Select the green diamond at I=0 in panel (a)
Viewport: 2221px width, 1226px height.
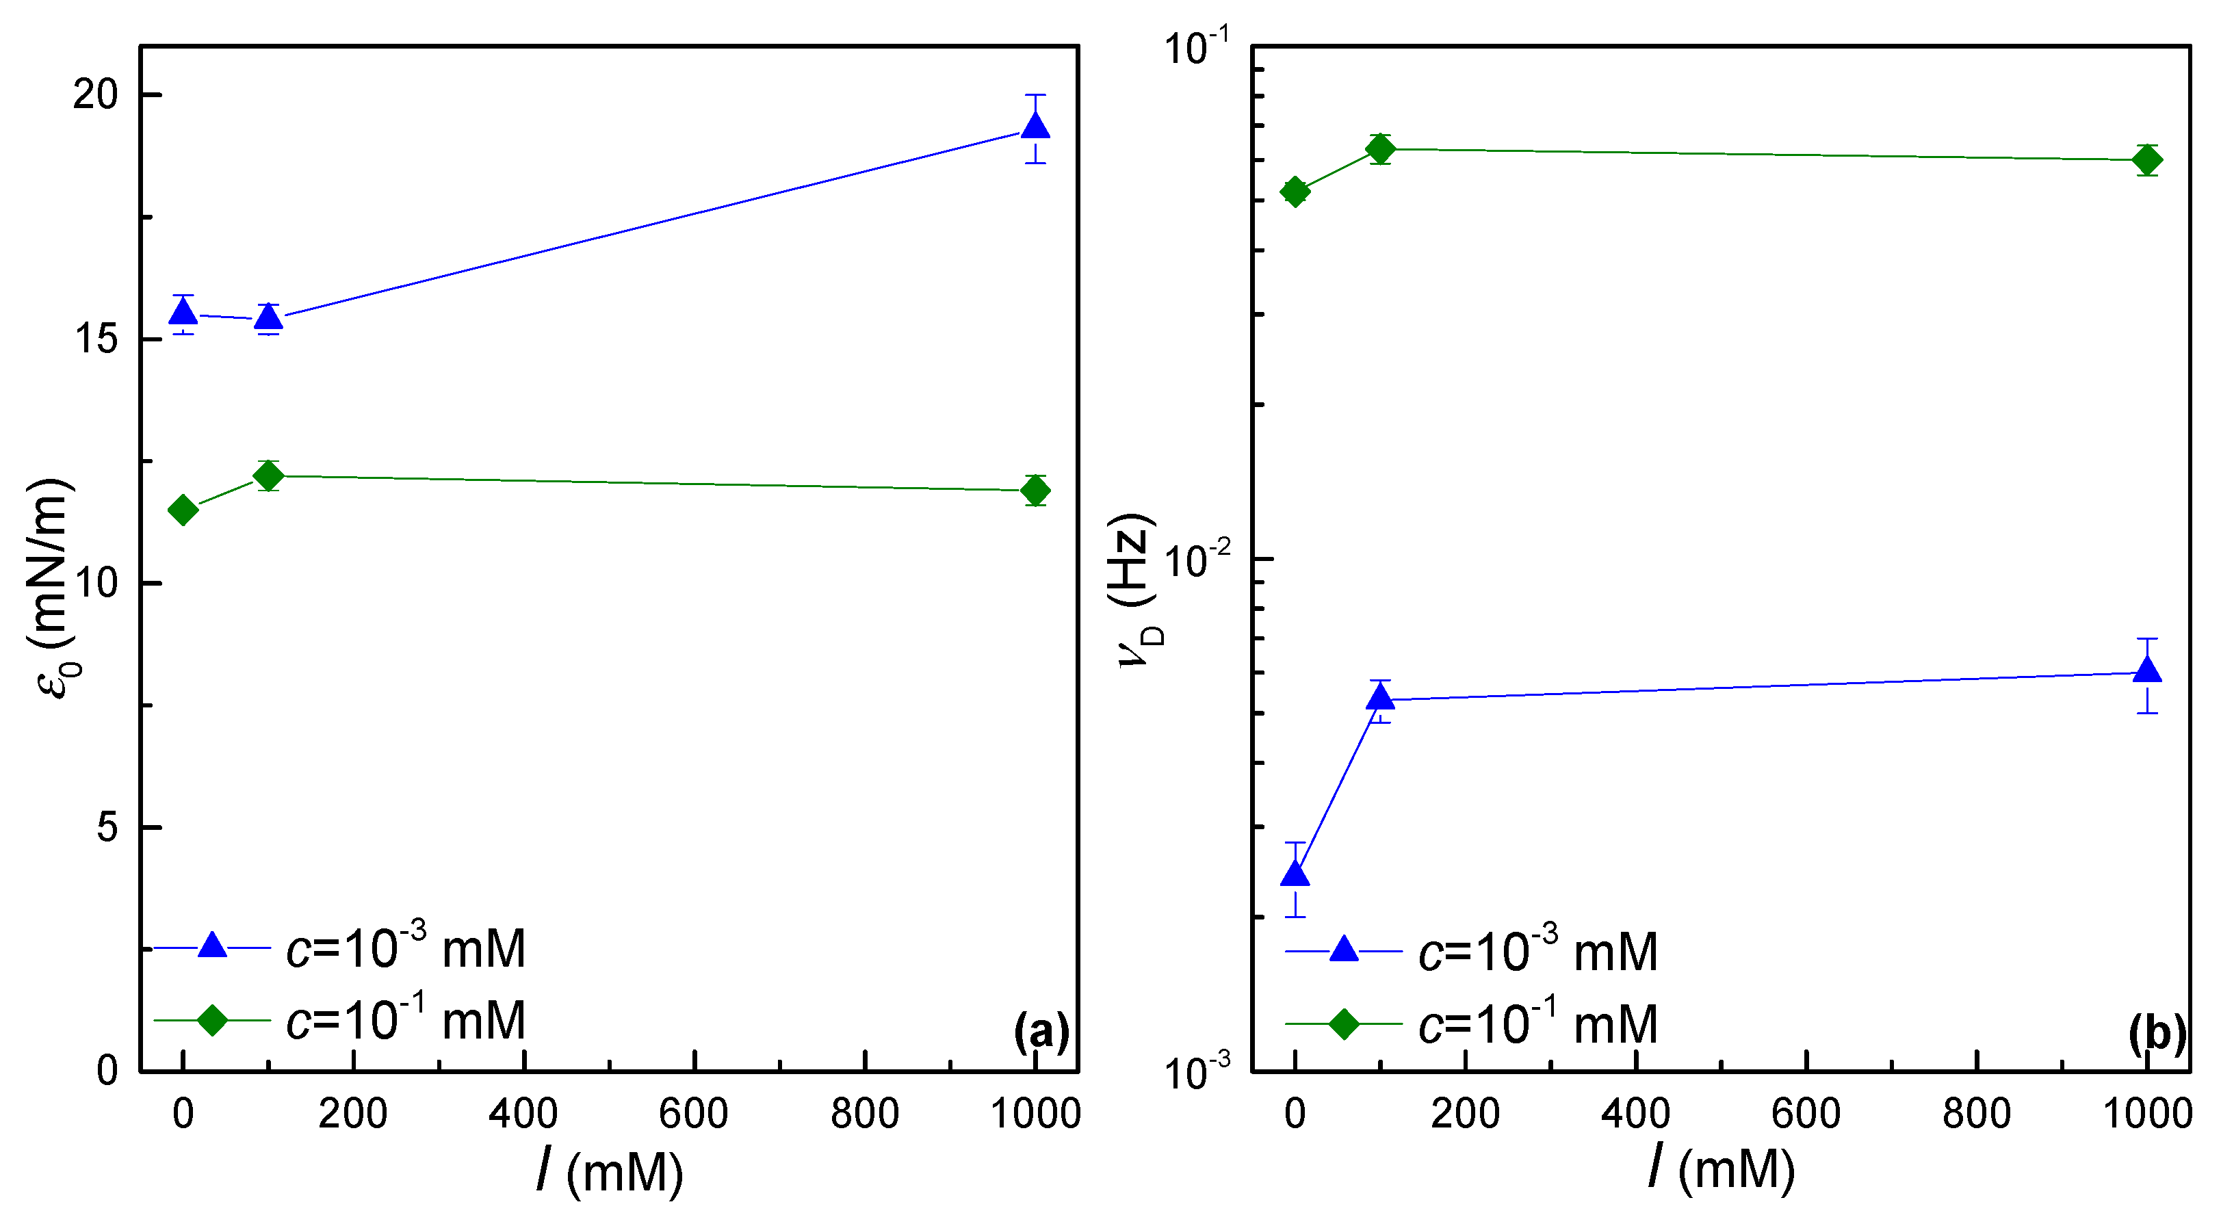pos(183,510)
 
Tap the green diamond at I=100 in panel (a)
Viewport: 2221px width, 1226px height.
pos(268,475)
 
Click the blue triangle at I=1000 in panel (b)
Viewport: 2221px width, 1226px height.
pos(2147,670)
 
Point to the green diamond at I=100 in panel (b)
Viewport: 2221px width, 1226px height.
pos(1380,149)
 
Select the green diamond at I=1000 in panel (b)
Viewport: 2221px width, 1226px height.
pos(2147,159)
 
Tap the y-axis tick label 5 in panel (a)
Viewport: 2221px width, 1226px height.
pos(107,827)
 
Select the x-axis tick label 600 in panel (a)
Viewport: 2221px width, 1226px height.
pos(693,1113)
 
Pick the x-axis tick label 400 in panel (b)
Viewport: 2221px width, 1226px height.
pos(1635,1113)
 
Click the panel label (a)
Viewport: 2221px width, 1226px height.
pos(1041,1030)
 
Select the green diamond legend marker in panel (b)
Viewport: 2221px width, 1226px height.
pos(1344,1023)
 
